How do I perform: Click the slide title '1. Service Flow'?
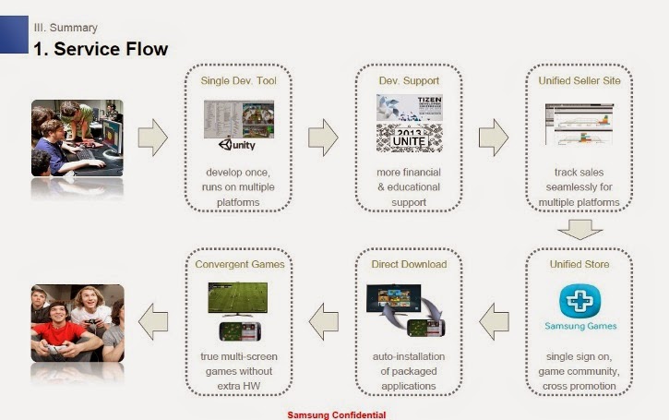[x=101, y=48]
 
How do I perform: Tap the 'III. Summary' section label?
[x=65, y=28]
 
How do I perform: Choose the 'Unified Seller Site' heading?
[x=579, y=81]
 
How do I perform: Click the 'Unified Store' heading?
[x=579, y=264]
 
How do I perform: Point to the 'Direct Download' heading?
[x=409, y=264]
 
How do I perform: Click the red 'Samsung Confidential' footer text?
[x=336, y=414]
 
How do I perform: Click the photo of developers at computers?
[x=78, y=138]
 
